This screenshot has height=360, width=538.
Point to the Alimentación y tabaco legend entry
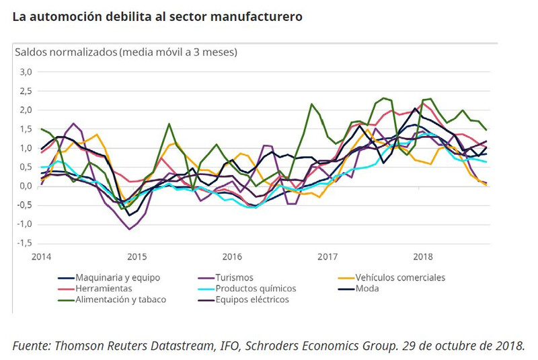pos(120,299)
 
